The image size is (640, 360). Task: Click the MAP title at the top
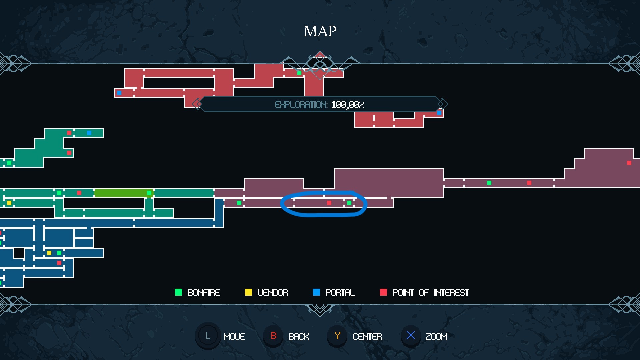click(x=320, y=31)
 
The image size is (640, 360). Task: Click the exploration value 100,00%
click(x=348, y=105)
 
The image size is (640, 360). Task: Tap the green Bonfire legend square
click(x=178, y=292)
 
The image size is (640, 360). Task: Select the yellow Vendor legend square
click(x=248, y=292)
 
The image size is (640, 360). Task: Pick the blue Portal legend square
click(x=316, y=292)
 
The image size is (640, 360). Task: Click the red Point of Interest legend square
click(x=383, y=292)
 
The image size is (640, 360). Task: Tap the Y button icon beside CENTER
click(x=337, y=336)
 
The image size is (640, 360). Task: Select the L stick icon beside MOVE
click(x=208, y=336)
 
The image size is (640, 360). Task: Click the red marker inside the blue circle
click(x=329, y=203)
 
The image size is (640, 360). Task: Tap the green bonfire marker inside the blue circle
click(x=349, y=203)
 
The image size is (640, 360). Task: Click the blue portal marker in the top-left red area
click(x=119, y=93)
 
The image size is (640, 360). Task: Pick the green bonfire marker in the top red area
click(x=299, y=73)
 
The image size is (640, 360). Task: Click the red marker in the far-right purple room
click(x=629, y=163)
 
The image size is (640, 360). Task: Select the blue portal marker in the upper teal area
click(x=89, y=133)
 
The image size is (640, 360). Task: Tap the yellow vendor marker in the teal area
click(x=9, y=203)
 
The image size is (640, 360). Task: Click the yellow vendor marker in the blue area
click(x=49, y=253)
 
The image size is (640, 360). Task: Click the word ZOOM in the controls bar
click(x=436, y=337)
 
